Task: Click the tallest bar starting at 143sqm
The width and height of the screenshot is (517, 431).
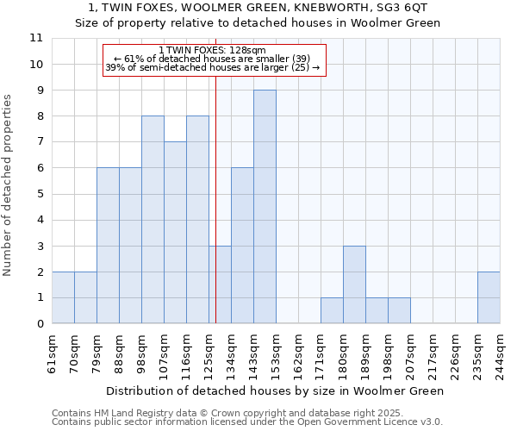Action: click(x=265, y=207)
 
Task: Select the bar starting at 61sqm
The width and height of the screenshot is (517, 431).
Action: click(x=63, y=297)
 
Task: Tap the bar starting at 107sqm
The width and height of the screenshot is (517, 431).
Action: click(x=175, y=233)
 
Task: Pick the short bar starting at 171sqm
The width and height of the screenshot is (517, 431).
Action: click(x=332, y=310)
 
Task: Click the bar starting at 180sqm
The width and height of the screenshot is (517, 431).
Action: click(x=354, y=284)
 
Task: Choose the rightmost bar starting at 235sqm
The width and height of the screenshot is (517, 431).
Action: click(x=489, y=297)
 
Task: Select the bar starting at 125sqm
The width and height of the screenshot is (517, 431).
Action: click(x=220, y=284)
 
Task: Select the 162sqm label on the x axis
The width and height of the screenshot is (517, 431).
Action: click(x=298, y=353)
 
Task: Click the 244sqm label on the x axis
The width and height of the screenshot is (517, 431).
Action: click(x=500, y=353)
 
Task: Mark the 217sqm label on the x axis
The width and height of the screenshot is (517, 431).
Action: click(x=433, y=353)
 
